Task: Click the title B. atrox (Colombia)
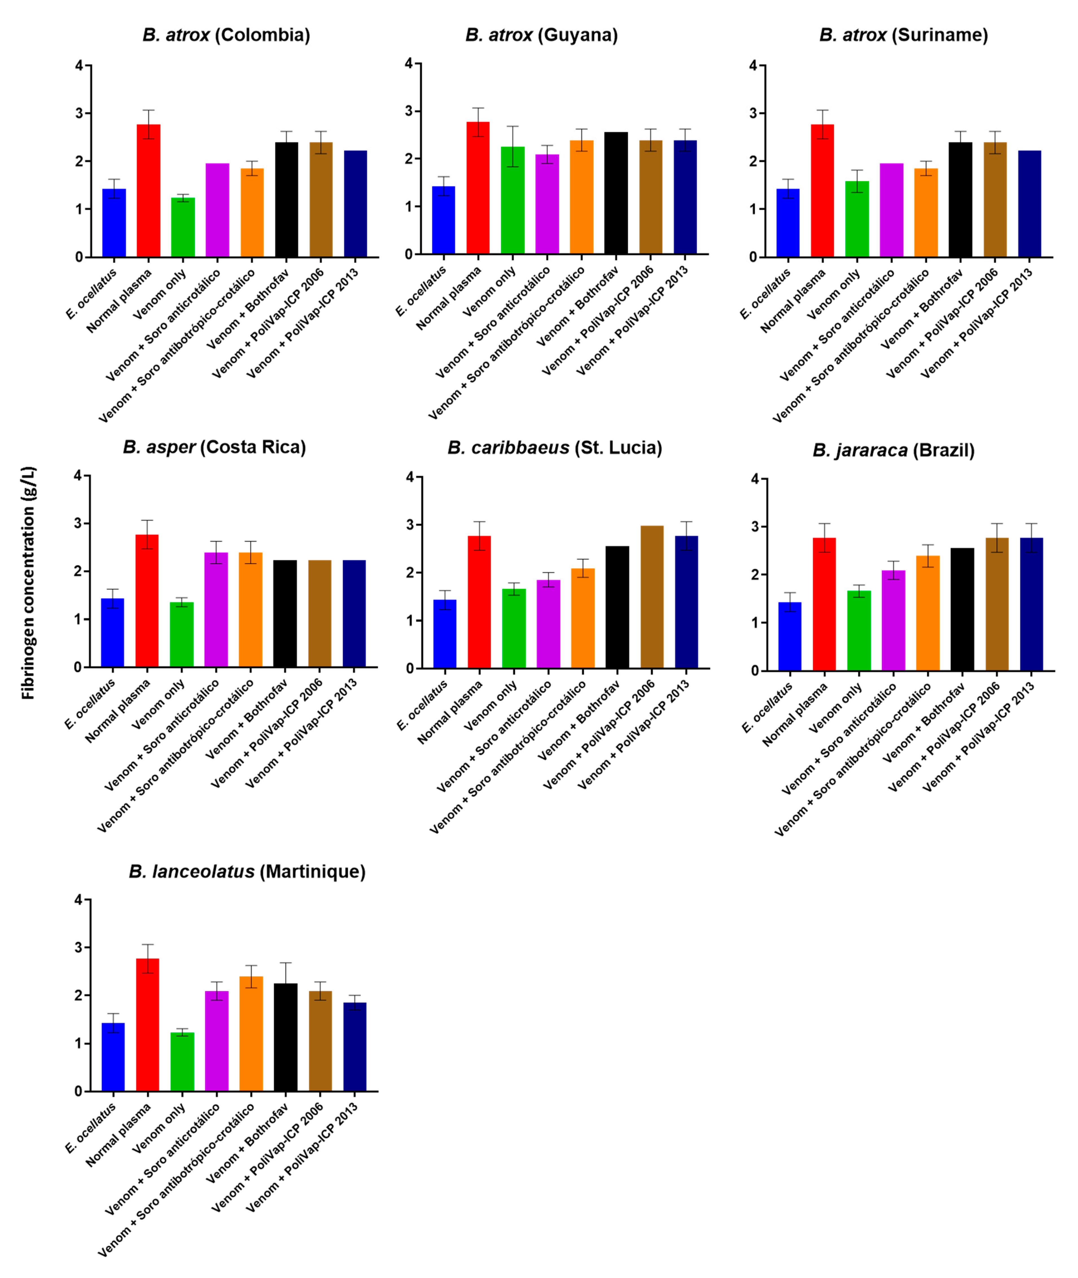pyautogui.click(x=226, y=35)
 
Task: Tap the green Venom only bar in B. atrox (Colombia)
pyautogui.click(x=183, y=227)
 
